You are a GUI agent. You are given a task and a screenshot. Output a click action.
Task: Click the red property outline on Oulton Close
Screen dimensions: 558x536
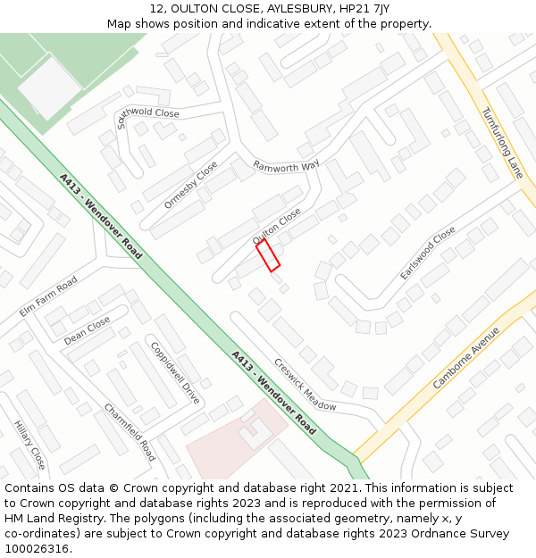click(x=268, y=254)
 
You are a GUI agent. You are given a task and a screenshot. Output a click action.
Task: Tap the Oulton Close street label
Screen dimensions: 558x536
click(x=277, y=228)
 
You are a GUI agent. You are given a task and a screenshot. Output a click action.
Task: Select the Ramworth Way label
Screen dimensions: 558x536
click(x=286, y=166)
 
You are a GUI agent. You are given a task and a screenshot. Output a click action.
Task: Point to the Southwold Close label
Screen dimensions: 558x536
click(x=147, y=117)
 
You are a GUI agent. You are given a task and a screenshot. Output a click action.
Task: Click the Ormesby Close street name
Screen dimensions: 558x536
click(x=190, y=185)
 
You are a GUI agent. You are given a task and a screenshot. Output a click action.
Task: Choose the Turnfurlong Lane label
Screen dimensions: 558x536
click(x=501, y=143)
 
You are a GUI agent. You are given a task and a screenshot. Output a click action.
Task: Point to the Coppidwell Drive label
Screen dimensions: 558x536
click(x=174, y=372)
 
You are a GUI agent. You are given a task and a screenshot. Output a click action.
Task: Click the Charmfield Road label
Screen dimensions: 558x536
click(x=130, y=432)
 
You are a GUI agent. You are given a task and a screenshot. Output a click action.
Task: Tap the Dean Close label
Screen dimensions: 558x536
click(x=88, y=330)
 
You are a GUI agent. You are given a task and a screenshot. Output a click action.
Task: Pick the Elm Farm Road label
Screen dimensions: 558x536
click(x=48, y=296)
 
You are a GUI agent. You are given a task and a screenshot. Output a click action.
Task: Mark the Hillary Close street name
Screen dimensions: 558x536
click(x=29, y=446)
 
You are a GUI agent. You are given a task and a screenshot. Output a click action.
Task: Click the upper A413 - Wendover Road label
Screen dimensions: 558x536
click(x=101, y=216)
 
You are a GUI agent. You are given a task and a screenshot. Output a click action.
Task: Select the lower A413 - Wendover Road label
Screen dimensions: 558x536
click(x=273, y=393)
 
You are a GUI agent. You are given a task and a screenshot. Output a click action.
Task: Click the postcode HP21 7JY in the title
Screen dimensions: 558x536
click(x=368, y=8)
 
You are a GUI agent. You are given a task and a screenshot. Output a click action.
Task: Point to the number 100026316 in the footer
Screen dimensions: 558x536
click(x=38, y=548)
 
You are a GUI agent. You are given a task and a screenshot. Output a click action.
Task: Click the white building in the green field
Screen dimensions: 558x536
click(x=49, y=87)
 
